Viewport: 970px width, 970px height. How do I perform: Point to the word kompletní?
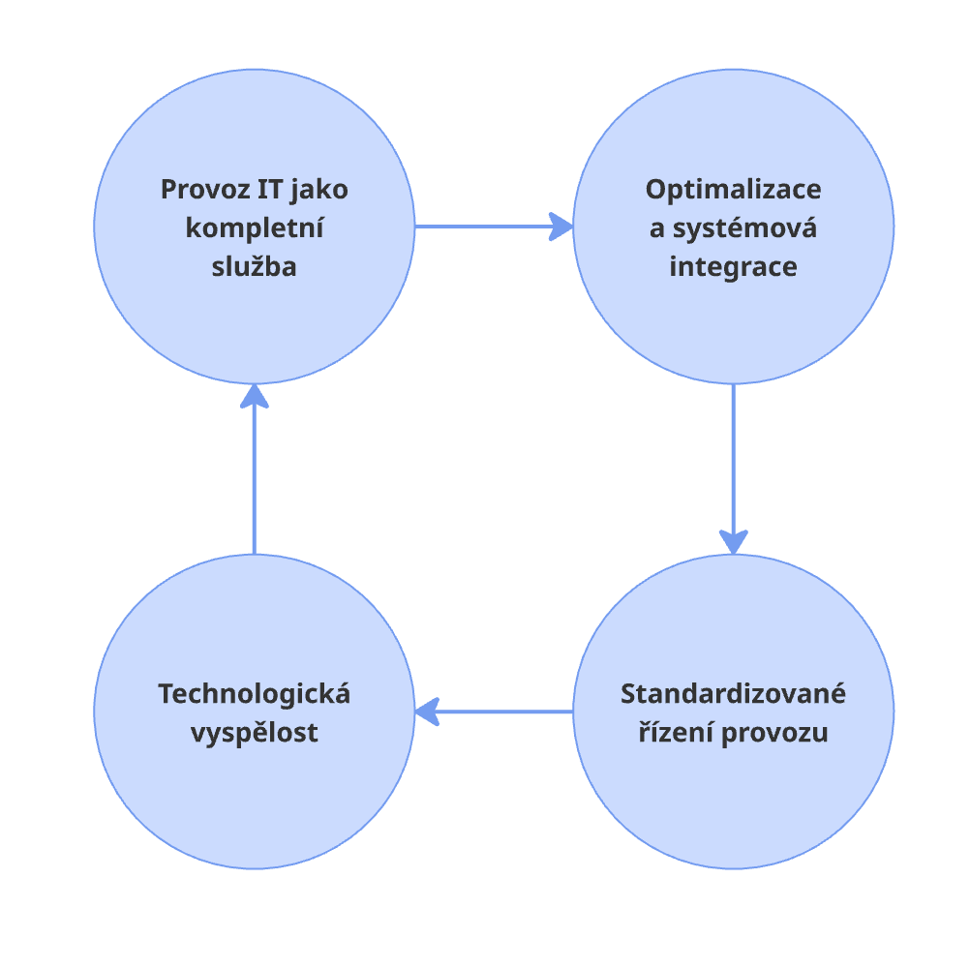[x=254, y=228]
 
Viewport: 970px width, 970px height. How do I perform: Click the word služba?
[x=254, y=267]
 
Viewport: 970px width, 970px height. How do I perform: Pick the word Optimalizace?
[x=733, y=189]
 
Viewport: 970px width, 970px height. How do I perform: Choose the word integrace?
[x=733, y=267]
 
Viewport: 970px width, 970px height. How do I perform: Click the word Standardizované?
[x=733, y=694]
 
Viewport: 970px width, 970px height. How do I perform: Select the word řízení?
[x=674, y=733]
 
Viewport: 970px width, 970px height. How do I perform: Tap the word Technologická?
[x=254, y=694]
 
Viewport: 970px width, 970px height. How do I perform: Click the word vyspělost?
[x=254, y=733]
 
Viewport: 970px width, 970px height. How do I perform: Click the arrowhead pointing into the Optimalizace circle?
[x=561, y=227]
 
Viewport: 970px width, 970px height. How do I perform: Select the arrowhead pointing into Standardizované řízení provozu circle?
[x=734, y=542]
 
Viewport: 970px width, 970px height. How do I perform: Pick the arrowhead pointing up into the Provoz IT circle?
[x=254, y=396]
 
